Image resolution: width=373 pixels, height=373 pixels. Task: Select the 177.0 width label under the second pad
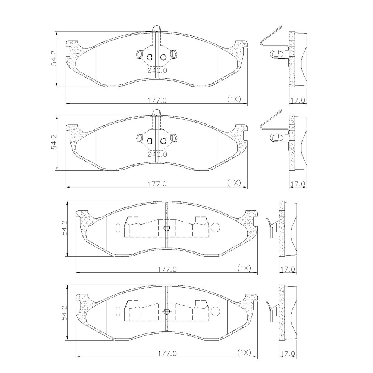[x=157, y=184]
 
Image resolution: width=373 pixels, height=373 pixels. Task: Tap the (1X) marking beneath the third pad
[x=244, y=268]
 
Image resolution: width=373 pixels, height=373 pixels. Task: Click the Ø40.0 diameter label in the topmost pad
[x=157, y=70]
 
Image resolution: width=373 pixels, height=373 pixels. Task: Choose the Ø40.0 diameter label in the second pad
[x=157, y=154]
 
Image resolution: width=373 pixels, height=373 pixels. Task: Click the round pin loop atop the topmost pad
[x=156, y=29]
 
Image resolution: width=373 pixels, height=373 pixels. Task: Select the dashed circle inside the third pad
[x=216, y=227]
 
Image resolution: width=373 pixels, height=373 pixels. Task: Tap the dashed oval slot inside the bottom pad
[x=118, y=311]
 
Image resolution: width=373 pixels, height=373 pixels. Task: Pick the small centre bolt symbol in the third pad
[x=166, y=228]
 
